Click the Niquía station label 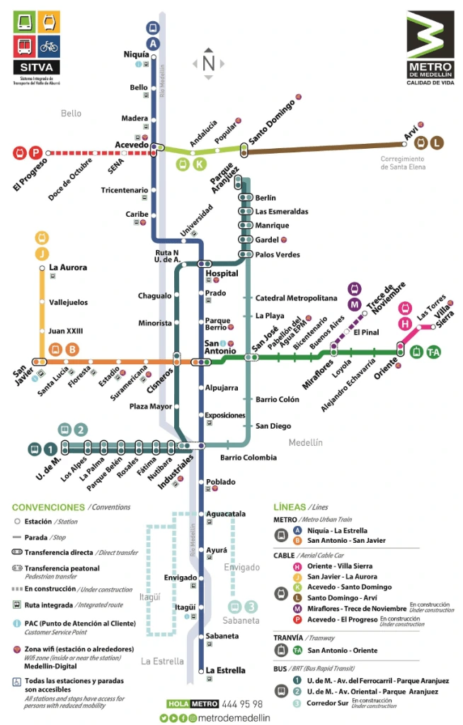click(136, 55)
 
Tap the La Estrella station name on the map click(226, 670)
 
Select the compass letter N click(208, 63)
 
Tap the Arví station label click(411, 130)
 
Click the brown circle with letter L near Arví click(437, 142)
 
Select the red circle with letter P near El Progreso click(35, 152)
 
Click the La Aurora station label click(68, 268)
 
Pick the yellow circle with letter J click(42, 253)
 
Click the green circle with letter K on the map click(200, 164)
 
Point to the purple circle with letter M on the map click(354, 304)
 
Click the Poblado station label click(220, 482)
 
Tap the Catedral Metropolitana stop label click(296, 298)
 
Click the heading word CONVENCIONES click(48, 507)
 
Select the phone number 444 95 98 click(243, 704)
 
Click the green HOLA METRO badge click(193, 704)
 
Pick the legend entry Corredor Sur click(328, 704)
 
